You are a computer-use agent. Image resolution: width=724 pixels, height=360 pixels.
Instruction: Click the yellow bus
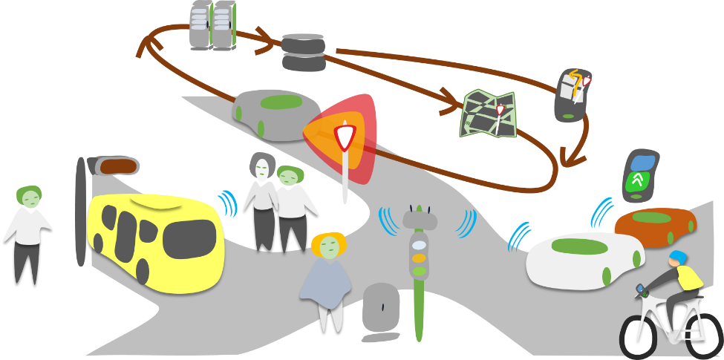pos(156,241)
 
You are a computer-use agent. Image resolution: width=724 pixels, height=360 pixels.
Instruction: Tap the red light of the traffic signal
pos(420,244)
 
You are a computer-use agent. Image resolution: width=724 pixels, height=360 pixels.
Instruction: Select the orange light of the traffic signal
pos(420,258)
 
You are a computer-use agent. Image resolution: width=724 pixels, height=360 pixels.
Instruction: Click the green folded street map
pos(488,114)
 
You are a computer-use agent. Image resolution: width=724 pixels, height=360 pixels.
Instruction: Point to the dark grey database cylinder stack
pos(304,53)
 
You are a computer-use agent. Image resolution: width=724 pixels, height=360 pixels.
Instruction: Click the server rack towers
pos(212,25)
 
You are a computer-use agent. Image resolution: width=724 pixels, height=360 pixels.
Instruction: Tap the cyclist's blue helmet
pos(677,258)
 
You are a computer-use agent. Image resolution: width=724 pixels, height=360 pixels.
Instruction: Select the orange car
pos(654,223)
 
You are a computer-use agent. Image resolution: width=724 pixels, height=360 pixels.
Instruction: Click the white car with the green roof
pos(583,260)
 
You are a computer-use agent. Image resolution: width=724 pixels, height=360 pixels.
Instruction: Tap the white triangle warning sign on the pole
pos(345,137)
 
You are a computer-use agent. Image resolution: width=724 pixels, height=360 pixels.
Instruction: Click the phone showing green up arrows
pos(639,176)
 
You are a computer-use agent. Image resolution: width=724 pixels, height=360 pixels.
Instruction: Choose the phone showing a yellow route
pos(573,95)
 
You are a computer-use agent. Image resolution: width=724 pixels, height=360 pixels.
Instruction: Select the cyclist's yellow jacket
pos(690,278)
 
